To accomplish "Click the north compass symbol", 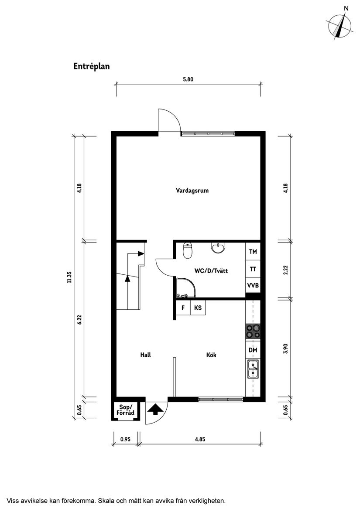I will point(340,26).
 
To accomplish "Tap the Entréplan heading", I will point(91,67).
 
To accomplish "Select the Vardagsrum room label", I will point(189,191).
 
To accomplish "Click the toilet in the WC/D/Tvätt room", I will point(187,250).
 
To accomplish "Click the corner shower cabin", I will point(185,288).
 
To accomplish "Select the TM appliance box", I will point(253,252).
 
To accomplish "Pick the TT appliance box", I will point(253,269).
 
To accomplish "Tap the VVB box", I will point(253,286).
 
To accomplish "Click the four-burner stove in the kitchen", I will point(253,331).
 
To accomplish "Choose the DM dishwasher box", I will point(253,350).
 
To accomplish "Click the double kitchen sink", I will point(253,369).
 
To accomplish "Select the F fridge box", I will point(182,308).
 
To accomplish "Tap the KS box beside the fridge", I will point(198,308).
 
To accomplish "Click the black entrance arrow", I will point(156,410).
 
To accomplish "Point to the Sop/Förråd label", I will point(125,410).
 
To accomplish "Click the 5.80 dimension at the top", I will point(188,79).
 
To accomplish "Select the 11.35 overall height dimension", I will point(69,277).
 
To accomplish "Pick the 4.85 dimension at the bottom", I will point(200,439).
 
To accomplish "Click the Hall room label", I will point(145,355).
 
